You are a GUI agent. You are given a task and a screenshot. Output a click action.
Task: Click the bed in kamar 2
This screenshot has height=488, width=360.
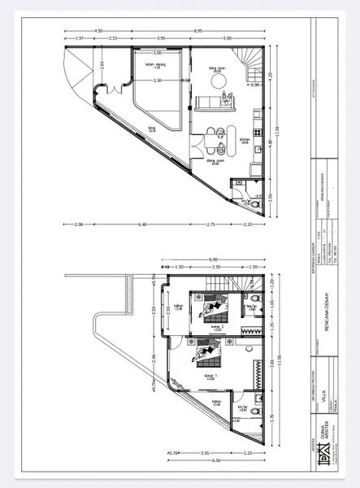211,309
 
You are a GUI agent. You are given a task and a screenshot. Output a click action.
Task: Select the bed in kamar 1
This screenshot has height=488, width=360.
208,355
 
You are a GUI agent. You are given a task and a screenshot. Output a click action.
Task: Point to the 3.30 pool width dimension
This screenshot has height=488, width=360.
158,81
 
